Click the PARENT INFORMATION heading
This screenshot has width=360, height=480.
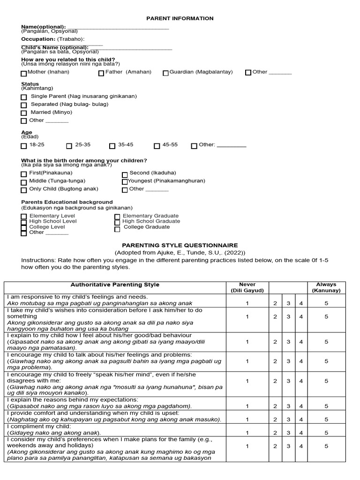(x=180, y=18)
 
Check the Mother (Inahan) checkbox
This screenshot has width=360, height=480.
(x=24, y=73)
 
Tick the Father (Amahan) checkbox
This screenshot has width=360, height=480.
(x=101, y=73)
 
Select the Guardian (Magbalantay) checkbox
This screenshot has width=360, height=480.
(x=166, y=73)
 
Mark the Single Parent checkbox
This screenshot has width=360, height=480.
(x=24, y=97)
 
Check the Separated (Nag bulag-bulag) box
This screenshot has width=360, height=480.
(x=24, y=105)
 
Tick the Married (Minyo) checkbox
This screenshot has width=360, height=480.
(x=24, y=113)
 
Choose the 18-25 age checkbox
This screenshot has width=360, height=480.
(x=24, y=146)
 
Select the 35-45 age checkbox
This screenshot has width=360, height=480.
(x=112, y=146)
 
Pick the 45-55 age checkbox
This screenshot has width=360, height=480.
(x=157, y=146)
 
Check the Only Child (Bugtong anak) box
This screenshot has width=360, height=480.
(x=24, y=190)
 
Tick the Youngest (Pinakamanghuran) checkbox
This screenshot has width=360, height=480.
(x=125, y=181)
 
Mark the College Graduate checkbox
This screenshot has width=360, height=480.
(x=117, y=229)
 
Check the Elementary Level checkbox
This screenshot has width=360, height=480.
(x=24, y=217)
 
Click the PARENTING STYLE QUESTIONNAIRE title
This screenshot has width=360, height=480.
(x=180, y=245)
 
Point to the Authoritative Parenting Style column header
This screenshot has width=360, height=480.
(x=115, y=285)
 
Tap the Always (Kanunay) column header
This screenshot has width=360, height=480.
(x=326, y=287)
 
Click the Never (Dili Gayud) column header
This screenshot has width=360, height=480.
(x=247, y=287)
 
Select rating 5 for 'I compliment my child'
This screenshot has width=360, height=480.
(x=326, y=433)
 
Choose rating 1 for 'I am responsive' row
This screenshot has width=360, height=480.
(x=247, y=303)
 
